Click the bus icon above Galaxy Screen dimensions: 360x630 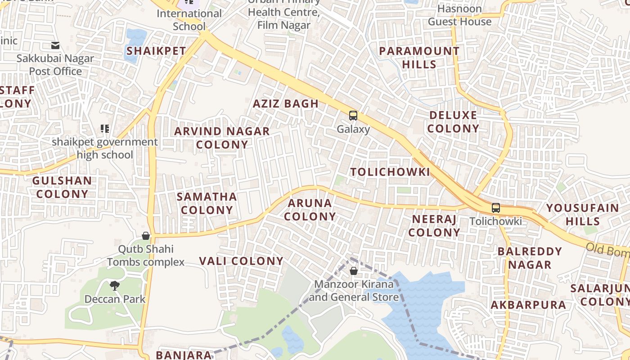353,116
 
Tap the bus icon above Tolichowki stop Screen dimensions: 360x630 495,208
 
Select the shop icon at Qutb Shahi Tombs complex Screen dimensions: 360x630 146,236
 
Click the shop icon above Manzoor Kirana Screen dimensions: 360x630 354,271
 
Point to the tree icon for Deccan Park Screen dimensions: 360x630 115,285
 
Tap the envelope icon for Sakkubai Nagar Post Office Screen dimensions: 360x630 55,45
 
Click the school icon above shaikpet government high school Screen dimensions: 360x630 105,129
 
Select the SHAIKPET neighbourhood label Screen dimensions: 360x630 156,51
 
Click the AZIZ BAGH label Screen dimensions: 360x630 286,103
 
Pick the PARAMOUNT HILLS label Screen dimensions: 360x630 419,58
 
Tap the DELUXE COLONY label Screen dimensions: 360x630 453,122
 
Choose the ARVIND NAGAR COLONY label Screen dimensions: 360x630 222,138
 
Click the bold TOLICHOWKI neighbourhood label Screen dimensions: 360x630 390,172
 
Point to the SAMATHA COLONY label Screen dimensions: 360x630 207,203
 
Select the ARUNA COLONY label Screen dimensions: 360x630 310,210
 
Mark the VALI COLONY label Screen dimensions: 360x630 241,261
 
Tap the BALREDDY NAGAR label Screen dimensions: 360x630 530,258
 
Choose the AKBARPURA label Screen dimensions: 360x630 528,305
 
